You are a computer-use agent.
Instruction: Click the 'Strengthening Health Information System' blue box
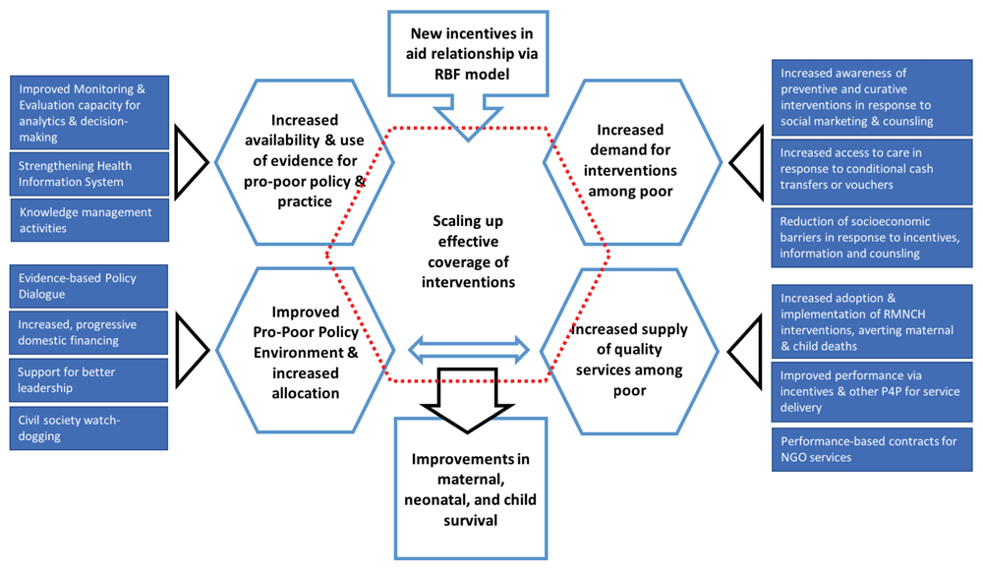pyautogui.click(x=88, y=174)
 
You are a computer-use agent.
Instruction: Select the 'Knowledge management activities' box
pyautogui.click(x=88, y=220)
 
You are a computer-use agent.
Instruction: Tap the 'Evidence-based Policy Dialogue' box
pyautogui.click(x=88, y=286)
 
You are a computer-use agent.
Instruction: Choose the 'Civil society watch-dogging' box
pyautogui.click(x=88, y=428)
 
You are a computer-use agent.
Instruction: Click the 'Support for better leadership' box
pyautogui.click(x=88, y=380)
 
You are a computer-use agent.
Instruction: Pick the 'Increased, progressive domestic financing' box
pyautogui.click(x=88, y=333)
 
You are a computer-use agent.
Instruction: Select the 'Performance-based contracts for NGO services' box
pyautogui.click(x=872, y=449)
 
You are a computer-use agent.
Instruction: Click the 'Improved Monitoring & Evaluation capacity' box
pyautogui.click(x=88, y=112)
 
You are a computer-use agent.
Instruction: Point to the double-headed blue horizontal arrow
pyautogui.click(x=469, y=348)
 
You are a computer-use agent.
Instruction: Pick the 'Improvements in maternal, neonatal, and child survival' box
pyautogui.click(x=468, y=488)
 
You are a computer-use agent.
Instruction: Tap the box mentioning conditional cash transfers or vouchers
pyautogui.click(x=872, y=169)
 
